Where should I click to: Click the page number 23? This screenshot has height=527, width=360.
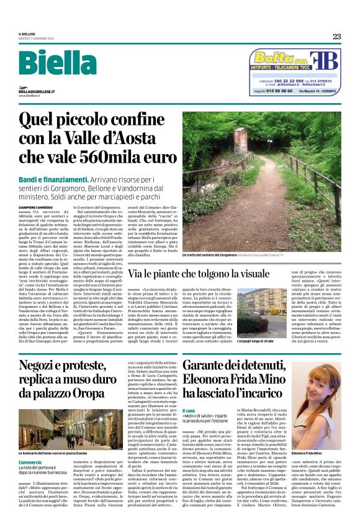pos(337,36)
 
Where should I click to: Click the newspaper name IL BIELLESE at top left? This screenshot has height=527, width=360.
pos(29,35)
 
